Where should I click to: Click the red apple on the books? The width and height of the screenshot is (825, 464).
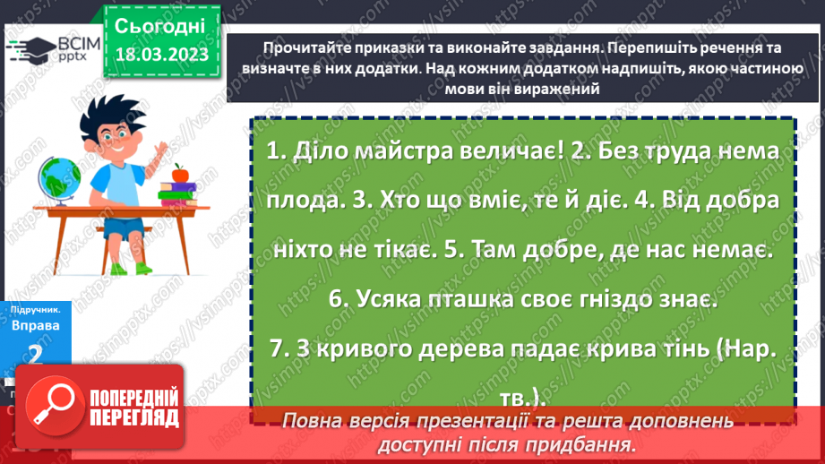tap(179, 171)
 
